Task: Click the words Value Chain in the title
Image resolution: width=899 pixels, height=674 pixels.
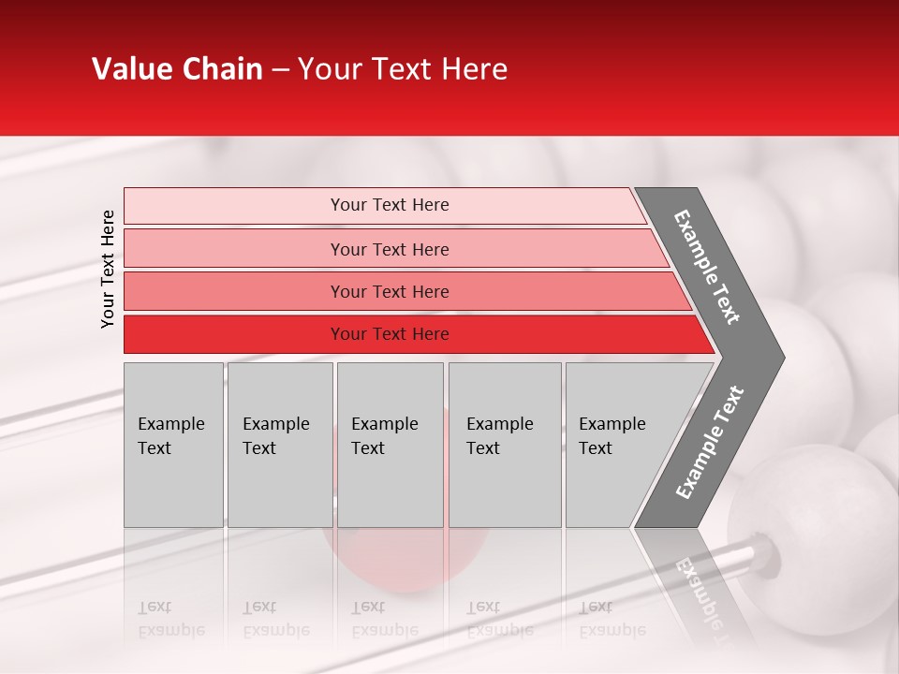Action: pyautogui.click(x=177, y=69)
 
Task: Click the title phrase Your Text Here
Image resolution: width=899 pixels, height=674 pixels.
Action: pyautogui.click(x=403, y=69)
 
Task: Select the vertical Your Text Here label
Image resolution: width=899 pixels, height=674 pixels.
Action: pyautogui.click(x=108, y=269)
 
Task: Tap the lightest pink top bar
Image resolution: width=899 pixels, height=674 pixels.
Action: pyautogui.click(x=389, y=205)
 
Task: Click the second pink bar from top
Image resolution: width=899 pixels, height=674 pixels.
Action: pyautogui.click(x=389, y=249)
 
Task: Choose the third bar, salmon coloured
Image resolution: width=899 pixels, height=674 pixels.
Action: pyautogui.click(x=389, y=291)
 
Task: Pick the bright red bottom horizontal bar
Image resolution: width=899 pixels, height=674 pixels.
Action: pyautogui.click(x=389, y=334)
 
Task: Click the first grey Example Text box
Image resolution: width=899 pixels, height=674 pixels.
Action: pyautogui.click(x=173, y=445)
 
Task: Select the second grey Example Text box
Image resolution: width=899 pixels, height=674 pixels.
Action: pyautogui.click(x=279, y=445)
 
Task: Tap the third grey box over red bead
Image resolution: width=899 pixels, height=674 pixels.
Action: pyautogui.click(x=390, y=445)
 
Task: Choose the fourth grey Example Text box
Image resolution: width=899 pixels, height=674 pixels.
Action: pyautogui.click(x=504, y=445)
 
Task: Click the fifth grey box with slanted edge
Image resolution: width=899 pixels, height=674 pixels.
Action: pyautogui.click(x=623, y=445)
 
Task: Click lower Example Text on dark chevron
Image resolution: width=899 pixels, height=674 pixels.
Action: pyautogui.click(x=709, y=443)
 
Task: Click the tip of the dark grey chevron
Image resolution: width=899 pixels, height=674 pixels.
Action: pyautogui.click(x=779, y=357)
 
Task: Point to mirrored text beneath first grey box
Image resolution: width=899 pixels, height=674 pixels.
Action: pyautogui.click(x=171, y=619)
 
